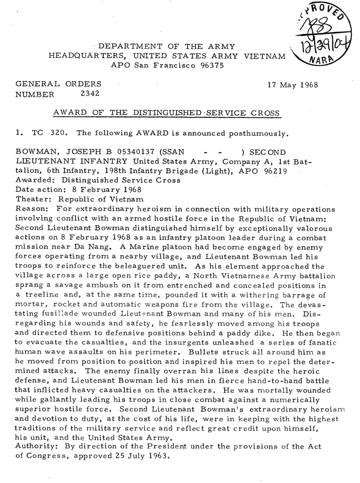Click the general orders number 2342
click(90, 94)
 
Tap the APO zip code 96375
click(207, 65)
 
